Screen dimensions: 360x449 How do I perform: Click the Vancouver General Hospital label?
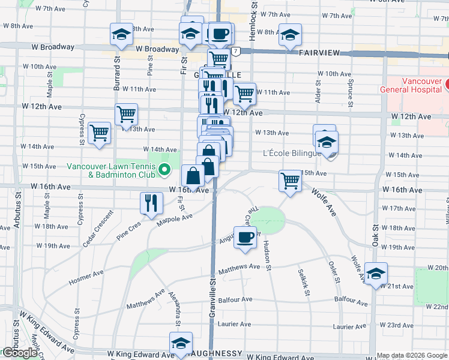click(411, 85)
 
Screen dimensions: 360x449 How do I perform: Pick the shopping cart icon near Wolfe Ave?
click(290, 181)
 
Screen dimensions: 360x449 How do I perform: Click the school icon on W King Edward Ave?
click(181, 343)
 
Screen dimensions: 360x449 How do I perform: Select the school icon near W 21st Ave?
click(375, 274)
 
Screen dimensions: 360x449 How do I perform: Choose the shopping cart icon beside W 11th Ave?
click(244, 93)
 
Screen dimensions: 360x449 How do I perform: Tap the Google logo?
click(19, 353)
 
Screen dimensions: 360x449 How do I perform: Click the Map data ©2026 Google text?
click(411, 355)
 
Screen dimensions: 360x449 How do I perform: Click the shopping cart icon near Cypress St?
click(99, 133)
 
